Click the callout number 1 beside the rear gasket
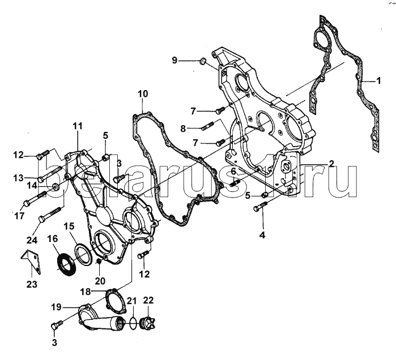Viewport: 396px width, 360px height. [378, 81]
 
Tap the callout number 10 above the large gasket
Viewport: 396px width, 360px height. [143, 94]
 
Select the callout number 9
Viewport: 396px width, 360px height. [174, 61]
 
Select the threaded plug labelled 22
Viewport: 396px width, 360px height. [148, 323]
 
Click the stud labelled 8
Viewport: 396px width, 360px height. [208, 126]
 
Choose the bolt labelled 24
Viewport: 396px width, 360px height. [50, 214]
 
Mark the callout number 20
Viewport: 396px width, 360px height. [100, 281]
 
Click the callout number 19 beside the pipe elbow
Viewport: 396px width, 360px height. [56, 307]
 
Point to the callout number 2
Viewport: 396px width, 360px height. [331, 164]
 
